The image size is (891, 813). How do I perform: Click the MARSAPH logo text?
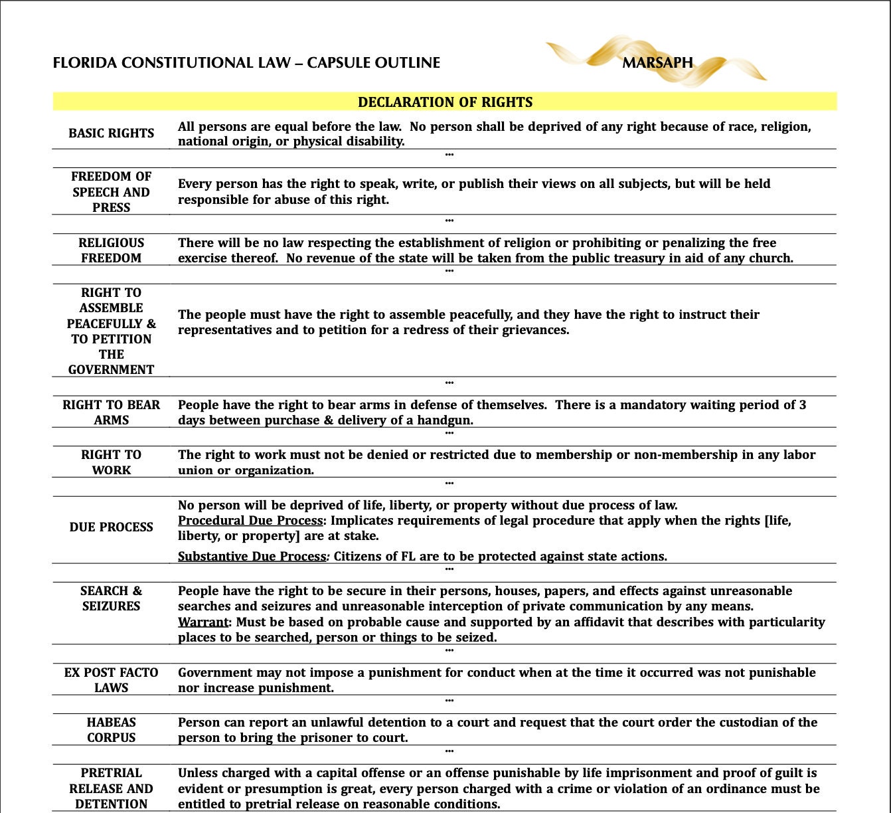click(x=657, y=62)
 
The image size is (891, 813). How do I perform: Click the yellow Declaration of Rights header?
click(x=445, y=102)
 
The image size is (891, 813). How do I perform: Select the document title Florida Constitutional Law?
click(x=246, y=63)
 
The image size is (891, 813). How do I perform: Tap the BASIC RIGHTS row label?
click(x=111, y=133)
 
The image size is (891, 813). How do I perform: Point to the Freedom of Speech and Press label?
click(x=111, y=192)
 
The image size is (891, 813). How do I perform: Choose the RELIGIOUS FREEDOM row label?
click(x=111, y=250)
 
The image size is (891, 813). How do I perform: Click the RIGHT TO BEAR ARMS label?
click(x=111, y=412)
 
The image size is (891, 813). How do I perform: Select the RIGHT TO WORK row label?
click(x=111, y=462)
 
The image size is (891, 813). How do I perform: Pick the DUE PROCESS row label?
click(x=111, y=527)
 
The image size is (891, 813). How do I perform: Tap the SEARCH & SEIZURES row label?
click(x=111, y=598)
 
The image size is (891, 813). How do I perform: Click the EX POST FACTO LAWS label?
click(x=111, y=680)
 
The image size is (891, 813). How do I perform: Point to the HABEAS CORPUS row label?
click(x=111, y=730)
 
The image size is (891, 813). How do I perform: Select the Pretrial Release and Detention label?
click(x=111, y=788)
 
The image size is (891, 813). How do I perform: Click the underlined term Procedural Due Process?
click(x=250, y=521)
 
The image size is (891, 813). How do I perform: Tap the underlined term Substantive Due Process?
click(x=252, y=557)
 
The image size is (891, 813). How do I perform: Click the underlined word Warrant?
click(x=202, y=622)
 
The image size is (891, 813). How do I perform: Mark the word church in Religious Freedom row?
click(x=770, y=258)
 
